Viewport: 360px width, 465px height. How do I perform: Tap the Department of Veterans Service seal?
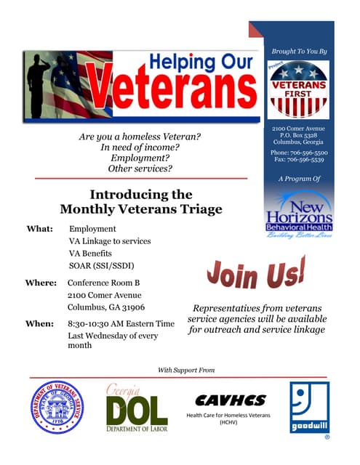(57, 408)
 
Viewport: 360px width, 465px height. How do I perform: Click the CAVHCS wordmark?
(230, 400)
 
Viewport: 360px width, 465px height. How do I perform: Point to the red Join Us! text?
(255, 274)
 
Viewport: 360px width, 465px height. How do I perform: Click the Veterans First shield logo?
(298, 89)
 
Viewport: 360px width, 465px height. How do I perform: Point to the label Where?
(41, 282)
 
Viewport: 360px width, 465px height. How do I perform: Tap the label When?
(39, 323)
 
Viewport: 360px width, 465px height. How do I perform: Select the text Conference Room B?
(103, 282)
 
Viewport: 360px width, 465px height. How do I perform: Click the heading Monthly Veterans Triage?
(141, 209)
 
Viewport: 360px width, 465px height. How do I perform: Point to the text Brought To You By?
(299, 52)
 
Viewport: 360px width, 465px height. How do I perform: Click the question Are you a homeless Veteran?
(140, 137)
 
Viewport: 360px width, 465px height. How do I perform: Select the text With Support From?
(186, 371)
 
